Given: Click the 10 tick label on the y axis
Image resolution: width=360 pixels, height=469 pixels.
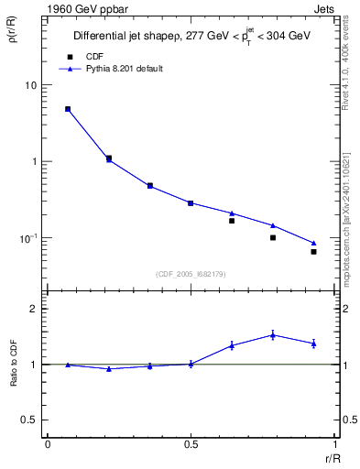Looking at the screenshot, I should point(32,85).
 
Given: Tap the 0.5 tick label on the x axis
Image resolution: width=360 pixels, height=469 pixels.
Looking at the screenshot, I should point(191,444).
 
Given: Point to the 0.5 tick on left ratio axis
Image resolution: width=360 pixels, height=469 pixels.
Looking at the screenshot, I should point(33,420).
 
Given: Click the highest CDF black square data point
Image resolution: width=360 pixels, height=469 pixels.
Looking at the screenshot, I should point(68,109).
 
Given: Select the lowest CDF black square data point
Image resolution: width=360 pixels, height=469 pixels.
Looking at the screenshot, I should point(313,251).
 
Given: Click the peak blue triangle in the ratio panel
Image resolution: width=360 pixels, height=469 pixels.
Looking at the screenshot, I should point(273,335).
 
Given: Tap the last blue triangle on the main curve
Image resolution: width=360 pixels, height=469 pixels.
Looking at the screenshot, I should point(313,243).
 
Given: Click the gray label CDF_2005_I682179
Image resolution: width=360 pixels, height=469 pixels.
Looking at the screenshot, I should point(190,273).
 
